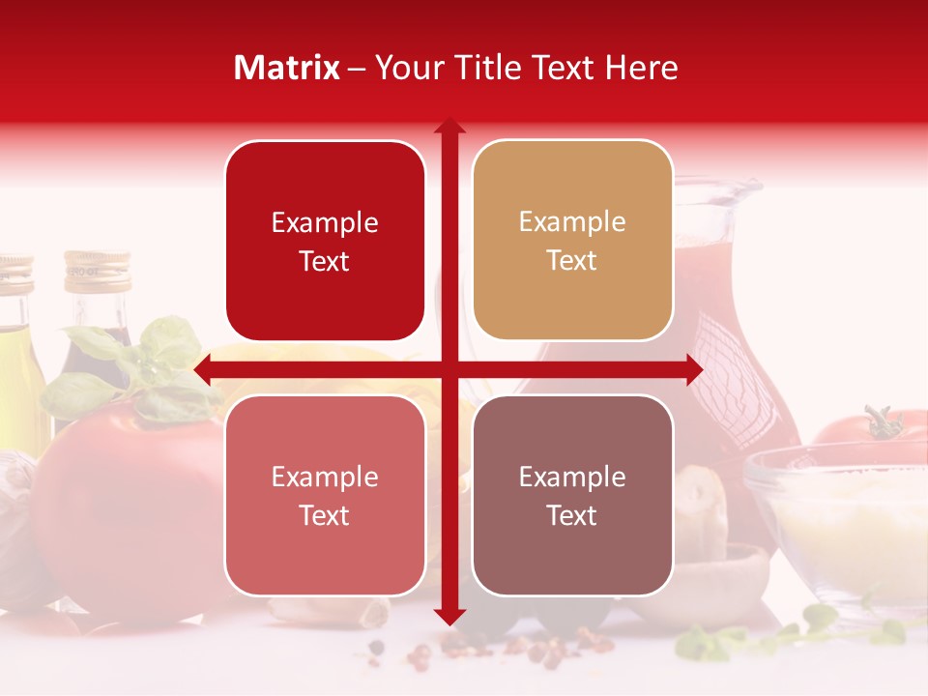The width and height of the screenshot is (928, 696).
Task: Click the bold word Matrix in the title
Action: [x=287, y=68]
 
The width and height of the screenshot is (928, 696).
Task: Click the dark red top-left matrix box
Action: [x=325, y=241]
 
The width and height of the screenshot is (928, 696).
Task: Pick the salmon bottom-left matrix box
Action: [x=325, y=495]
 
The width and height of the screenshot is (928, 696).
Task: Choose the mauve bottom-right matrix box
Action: [x=572, y=495]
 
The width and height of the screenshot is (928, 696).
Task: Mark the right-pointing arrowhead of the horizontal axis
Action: [x=695, y=369]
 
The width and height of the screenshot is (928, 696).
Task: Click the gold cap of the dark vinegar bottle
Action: [x=97, y=271]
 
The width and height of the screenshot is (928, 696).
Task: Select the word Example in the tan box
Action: [x=572, y=221]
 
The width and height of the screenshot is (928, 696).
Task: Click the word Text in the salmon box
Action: [x=325, y=515]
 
